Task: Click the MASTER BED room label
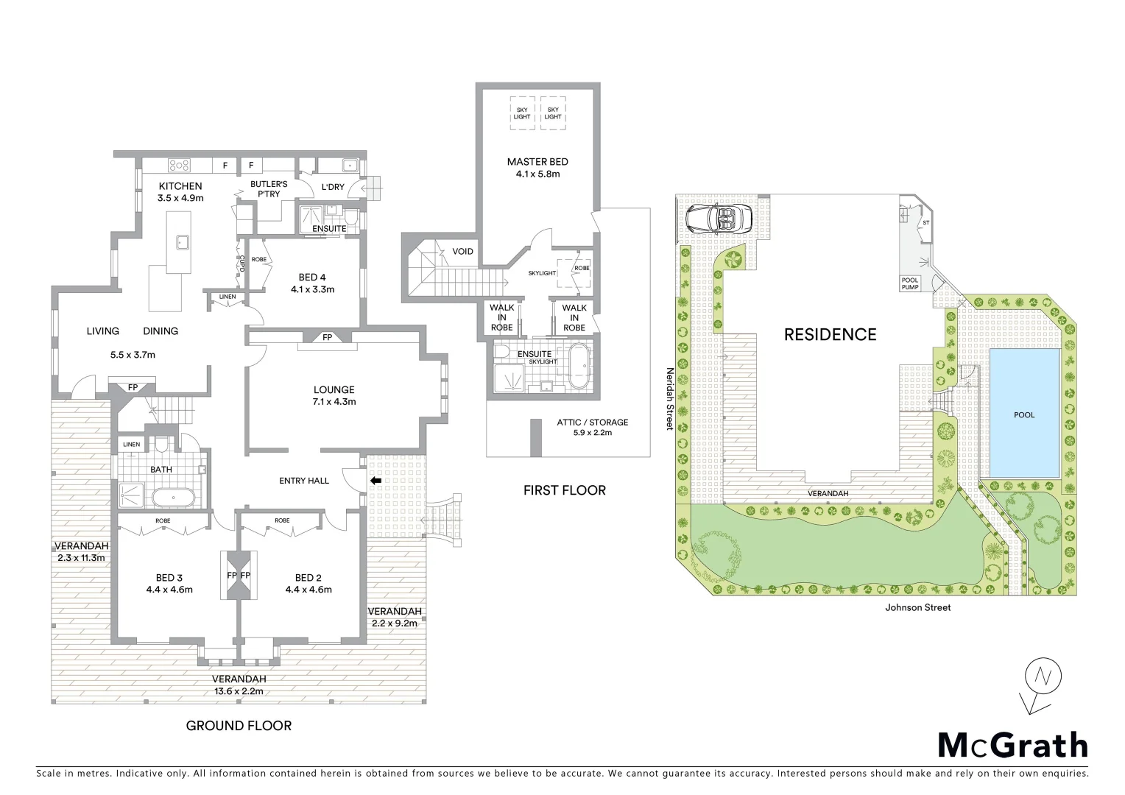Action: pos(537,162)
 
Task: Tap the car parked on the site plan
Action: pos(718,218)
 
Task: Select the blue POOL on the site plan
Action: pos(1024,414)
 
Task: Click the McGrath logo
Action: pos(1012,745)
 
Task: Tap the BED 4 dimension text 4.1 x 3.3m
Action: pos(312,289)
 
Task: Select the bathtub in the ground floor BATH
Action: pos(174,498)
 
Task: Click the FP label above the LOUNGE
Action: pos(327,338)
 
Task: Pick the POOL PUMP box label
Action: pos(910,283)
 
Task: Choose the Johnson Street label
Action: pos(917,607)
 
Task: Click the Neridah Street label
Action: pos(670,400)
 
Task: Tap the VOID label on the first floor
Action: pos(462,252)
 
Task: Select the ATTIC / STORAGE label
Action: pos(592,423)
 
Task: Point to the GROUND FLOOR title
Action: pos(239,726)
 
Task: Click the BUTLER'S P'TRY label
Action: pos(268,188)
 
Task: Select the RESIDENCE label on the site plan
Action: pos(830,335)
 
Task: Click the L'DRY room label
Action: pos(333,187)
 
